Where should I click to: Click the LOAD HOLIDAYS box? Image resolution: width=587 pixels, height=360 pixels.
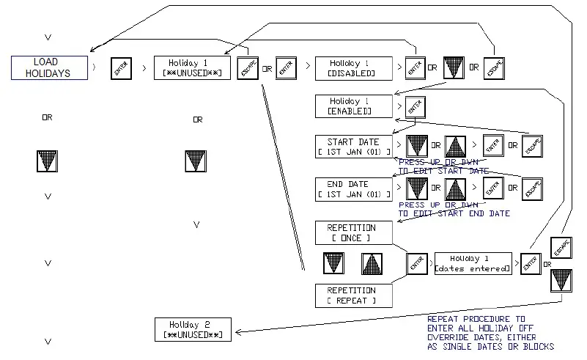coord(51,68)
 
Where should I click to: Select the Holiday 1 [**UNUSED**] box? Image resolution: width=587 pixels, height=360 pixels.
coord(193,68)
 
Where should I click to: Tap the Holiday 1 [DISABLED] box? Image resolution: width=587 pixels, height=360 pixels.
coord(353,69)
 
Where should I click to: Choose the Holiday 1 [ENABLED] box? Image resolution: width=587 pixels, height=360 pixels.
coord(353,106)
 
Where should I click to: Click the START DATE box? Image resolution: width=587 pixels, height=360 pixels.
coord(353,147)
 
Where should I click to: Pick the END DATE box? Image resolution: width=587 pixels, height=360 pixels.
coord(353,189)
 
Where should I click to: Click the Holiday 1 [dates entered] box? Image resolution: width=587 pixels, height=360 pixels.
coord(473,264)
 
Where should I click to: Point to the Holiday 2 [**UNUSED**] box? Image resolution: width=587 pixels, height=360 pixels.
coord(193,329)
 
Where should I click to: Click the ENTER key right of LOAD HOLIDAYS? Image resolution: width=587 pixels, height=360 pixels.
coord(121,69)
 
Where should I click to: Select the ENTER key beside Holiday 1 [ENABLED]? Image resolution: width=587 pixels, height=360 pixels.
coord(414,107)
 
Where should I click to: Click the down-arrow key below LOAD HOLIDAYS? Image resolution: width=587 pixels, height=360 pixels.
coord(47,161)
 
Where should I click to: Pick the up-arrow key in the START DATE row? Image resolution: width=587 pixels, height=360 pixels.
coord(456,146)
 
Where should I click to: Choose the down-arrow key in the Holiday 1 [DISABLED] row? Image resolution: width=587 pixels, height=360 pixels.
coord(454,69)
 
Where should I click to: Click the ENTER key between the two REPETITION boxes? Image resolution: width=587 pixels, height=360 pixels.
coord(417,265)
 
